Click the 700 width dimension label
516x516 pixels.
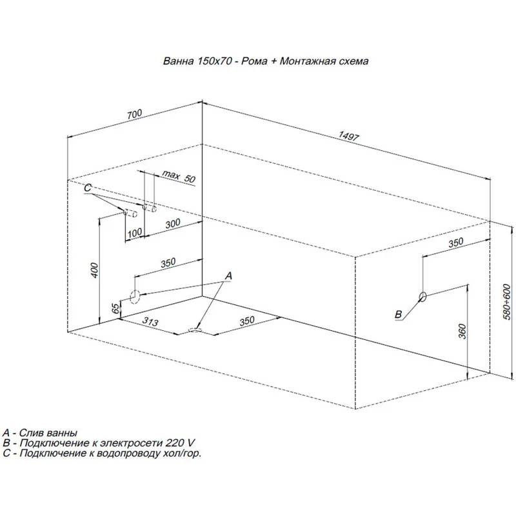click(x=135, y=114)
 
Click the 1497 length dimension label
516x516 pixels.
click(x=348, y=135)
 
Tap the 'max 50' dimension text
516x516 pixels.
click(x=179, y=176)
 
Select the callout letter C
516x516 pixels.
click(x=88, y=188)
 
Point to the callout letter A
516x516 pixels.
click(x=228, y=276)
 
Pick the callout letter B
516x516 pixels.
click(x=398, y=314)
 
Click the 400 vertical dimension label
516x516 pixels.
click(x=95, y=270)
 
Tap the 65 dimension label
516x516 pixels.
click(x=115, y=308)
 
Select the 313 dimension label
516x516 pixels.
click(x=150, y=321)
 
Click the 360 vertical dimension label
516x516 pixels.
click(x=462, y=332)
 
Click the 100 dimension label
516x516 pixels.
click(x=135, y=233)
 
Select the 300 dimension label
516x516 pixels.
click(x=173, y=224)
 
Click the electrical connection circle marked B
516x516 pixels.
click(x=422, y=297)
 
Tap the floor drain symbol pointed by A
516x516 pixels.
click(x=195, y=330)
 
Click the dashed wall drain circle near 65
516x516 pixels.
click(x=135, y=296)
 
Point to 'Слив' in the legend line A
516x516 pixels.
click(x=30, y=432)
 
